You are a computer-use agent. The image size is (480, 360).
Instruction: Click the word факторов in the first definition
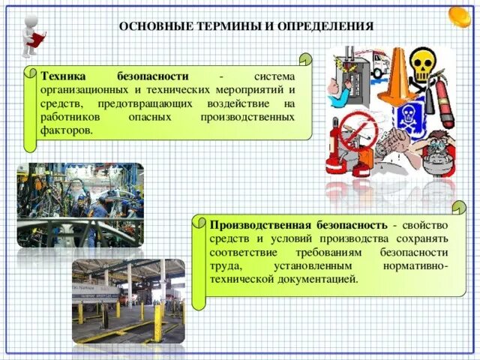click(67, 130)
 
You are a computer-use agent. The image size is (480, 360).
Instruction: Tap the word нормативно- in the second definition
click(410, 266)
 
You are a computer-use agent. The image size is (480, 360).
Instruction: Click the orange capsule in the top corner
click(459, 16)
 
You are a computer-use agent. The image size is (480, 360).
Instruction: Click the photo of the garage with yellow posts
click(128, 300)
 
